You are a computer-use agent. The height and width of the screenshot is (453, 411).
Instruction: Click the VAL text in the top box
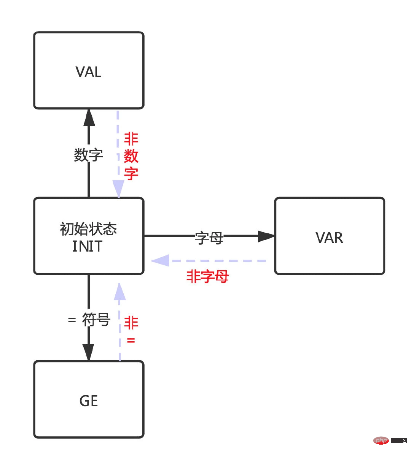[x=88, y=72]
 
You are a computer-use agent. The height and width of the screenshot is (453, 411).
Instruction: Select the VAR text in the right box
[x=329, y=238]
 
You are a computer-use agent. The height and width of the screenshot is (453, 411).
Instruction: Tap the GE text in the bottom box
[x=89, y=401]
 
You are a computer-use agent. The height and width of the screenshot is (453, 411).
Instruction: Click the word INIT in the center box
[x=88, y=246]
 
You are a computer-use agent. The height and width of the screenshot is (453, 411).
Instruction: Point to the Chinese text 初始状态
[x=88, y=229]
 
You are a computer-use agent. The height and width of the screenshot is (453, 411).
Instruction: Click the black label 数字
[x=88, y=155]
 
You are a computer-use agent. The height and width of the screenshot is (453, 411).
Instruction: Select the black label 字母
[x=209, y=238]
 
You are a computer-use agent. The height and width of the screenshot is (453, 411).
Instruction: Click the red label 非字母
[x=207, y=276]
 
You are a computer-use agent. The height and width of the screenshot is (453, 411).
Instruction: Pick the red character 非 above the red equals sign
[x=131, y=323]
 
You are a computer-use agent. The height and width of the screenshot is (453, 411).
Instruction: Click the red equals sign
[x=131, y=341]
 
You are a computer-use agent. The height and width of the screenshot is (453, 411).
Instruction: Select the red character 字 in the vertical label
[x=131, y=173]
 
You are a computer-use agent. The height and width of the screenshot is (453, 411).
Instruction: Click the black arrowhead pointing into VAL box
[x=89, y=118]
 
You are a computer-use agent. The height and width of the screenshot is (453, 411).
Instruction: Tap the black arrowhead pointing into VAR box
[x=266, y=236]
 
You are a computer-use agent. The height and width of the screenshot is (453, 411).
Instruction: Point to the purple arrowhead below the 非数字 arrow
[x=118, y=188]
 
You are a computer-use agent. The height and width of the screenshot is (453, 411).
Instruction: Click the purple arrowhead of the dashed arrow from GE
[x=120, y=292]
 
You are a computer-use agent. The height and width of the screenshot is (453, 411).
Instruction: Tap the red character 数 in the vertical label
[x=131, y=156]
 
